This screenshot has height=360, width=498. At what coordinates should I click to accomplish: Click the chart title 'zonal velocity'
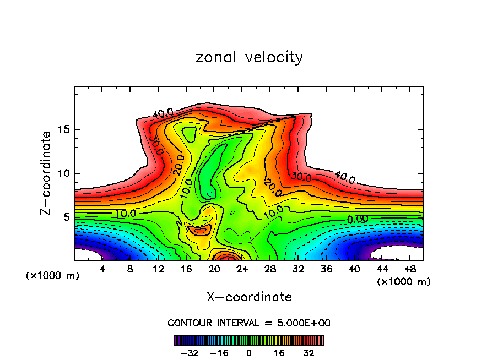click(x=249, y=57)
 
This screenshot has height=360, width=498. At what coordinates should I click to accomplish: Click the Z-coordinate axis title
click(x=46, y=173)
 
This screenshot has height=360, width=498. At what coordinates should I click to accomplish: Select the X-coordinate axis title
click(x=249, y=297)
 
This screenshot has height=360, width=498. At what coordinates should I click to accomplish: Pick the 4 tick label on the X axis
click(x=102, y=270)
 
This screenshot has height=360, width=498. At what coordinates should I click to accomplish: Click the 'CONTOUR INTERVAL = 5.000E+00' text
click(x=249, y=323)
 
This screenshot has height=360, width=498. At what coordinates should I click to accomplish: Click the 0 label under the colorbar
click(x=249, y=352)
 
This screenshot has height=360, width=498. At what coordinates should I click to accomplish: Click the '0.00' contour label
click(x=358, y=219)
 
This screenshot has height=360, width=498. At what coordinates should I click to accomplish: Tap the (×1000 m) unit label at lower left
click(x=53, y=276)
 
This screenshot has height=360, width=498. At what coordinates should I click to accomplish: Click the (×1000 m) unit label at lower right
click(x=404, y=282)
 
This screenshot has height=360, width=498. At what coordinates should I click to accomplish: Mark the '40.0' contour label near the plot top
click(x=163, y=113)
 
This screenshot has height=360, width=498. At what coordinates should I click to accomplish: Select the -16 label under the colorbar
click(x=219, y=352)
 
